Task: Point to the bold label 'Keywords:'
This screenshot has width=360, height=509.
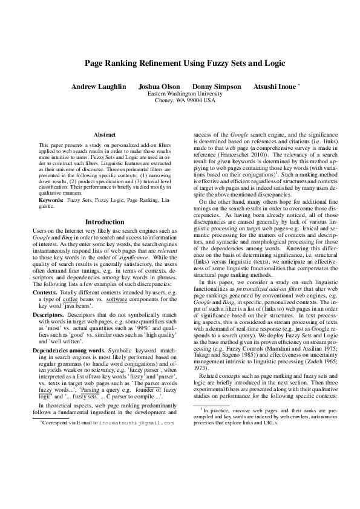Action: [51, 199]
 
